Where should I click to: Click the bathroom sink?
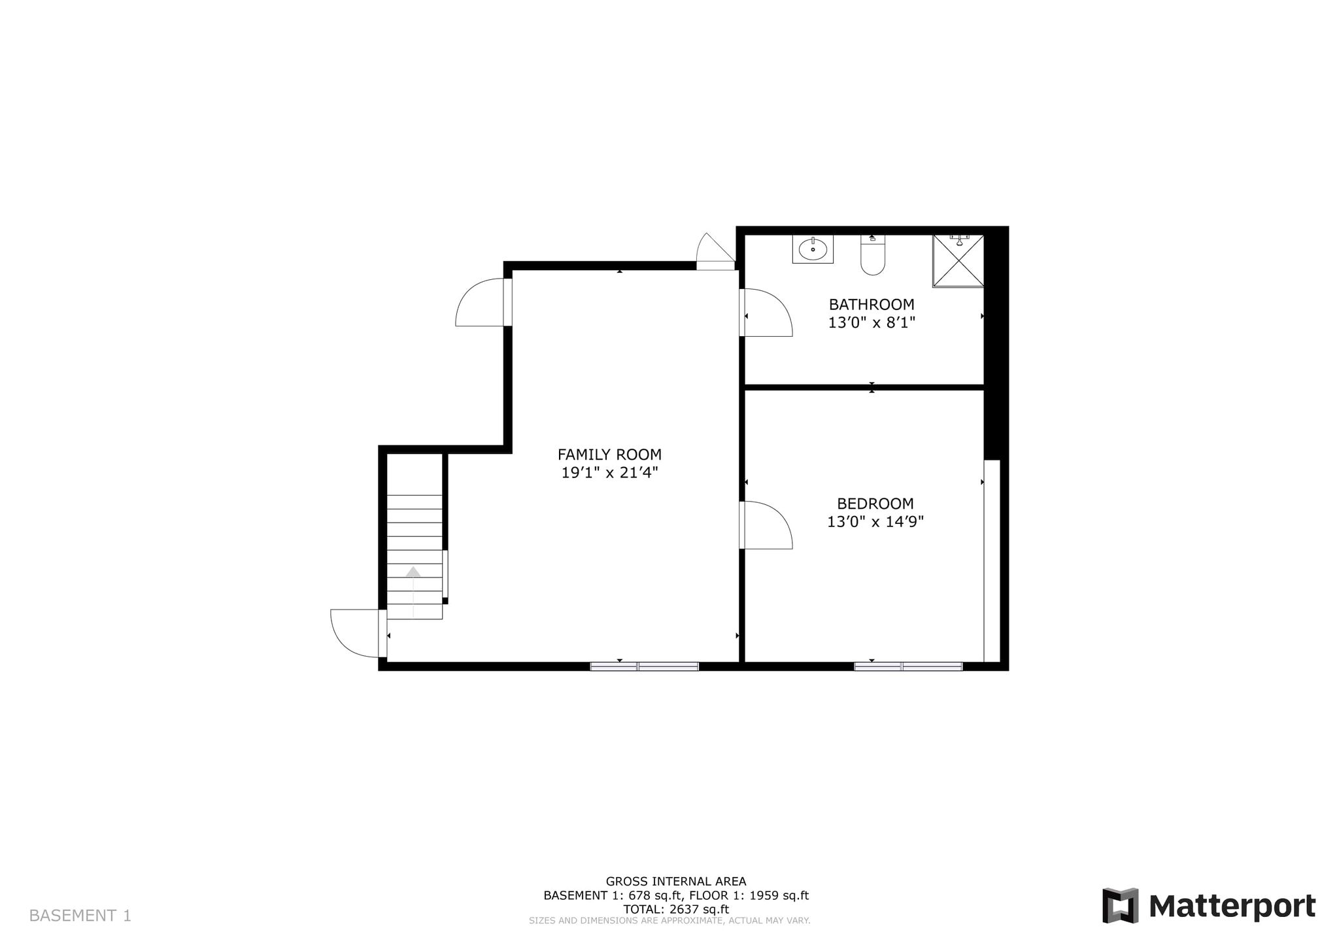click(813, 249)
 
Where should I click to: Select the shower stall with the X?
click(958, 261)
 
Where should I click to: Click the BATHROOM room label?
click(872, 304)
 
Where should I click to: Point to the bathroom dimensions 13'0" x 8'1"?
click(872, 322)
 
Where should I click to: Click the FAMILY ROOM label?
click(609, 454)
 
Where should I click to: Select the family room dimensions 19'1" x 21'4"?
click(609, 472)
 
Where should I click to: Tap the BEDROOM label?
click(875, 504)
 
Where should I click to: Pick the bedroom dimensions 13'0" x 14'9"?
click(875, 522)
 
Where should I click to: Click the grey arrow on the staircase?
click(413, 572)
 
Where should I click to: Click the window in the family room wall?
click(645, 666)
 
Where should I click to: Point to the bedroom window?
click(908, 666)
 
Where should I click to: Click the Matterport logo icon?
click(1120, 906)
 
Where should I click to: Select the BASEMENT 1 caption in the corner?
click(80, 916)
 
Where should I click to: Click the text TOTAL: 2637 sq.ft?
click(676, 909)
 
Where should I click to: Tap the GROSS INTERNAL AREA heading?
click(676, 882)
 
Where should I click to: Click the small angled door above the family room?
click(716, 251)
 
